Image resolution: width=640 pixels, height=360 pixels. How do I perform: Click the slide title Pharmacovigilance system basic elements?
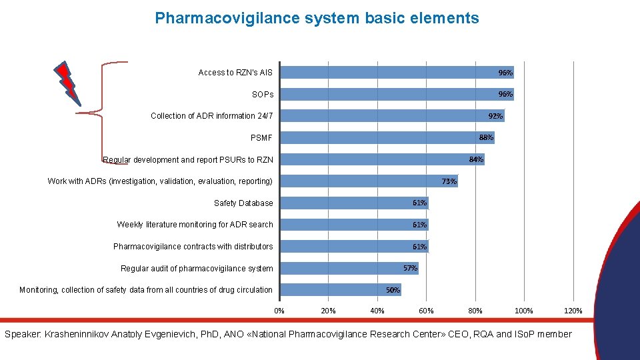pos(317,18)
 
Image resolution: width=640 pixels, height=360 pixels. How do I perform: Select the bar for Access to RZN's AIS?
pos(397,72)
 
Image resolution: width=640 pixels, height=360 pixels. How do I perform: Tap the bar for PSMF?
pos(387,137)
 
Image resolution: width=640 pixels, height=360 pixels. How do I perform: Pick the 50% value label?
pos(393,290)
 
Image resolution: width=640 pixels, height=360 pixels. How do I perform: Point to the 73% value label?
pos(449,181)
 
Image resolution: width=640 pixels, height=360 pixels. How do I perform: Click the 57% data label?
pos(410,268)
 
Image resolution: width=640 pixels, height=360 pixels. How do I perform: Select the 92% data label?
pos(495,116)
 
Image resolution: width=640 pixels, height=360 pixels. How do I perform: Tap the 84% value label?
pos(475,159)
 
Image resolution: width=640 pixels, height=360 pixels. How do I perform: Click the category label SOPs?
pos(262,95)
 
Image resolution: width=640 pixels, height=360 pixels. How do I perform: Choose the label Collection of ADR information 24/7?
pos(211,116)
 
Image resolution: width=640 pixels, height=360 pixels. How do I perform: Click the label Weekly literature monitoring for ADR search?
pos(195,225)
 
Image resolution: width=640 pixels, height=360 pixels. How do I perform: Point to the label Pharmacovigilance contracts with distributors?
pos(193,247)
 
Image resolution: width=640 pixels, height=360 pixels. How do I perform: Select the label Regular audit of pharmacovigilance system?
pos(197,269)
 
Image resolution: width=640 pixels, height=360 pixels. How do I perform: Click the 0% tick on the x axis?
pos(279,311)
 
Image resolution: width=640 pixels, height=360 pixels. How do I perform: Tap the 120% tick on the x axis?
pos(573,311)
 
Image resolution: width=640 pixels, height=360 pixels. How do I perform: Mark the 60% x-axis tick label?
pos(426,311)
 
